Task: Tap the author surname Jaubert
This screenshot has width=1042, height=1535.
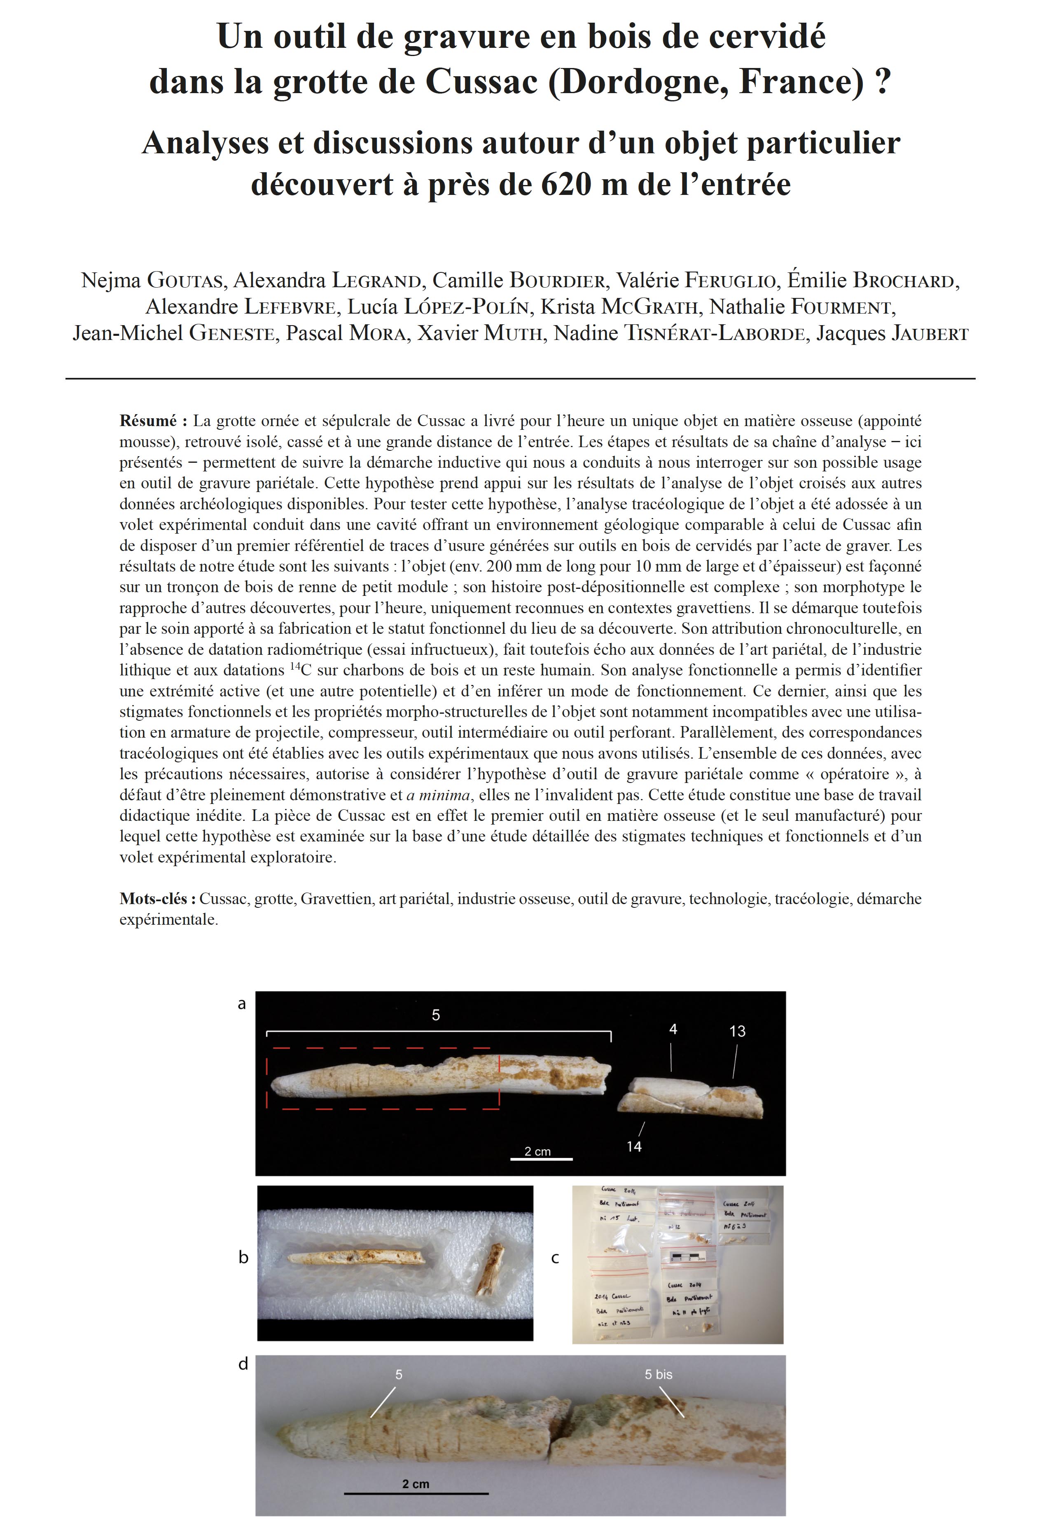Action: pos(930,333)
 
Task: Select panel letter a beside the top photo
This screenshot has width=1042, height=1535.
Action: pos(242,1004)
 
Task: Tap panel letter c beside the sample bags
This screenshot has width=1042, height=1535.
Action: pos(555,1258)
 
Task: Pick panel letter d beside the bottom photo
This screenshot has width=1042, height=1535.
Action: pos(243,1364)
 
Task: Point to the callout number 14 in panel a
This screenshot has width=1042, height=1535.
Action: pos(634,1146)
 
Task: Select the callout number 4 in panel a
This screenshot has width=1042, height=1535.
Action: pos(673,1029)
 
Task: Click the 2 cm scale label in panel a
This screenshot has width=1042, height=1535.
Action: pos(537,1151)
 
